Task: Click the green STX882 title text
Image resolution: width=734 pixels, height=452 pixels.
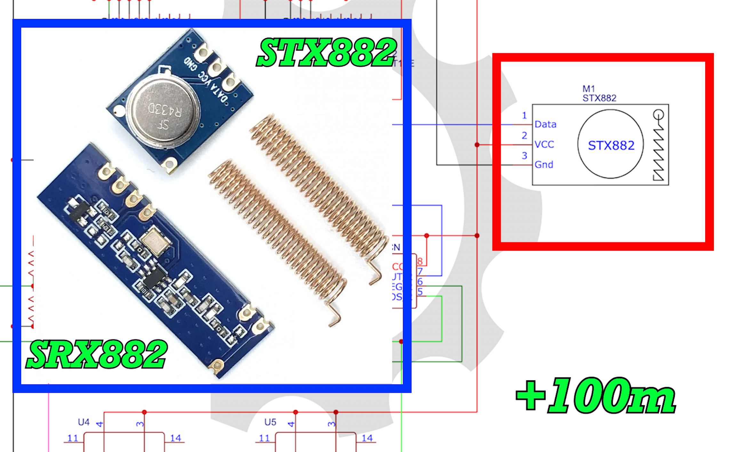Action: pos(326,52)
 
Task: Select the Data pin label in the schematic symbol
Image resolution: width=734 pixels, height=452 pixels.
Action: pos(545,124)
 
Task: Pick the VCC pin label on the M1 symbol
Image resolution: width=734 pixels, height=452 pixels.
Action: pos(544,144)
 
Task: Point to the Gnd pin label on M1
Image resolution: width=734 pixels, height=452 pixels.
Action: pos(544,165)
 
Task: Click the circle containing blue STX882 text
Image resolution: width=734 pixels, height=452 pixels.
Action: pos(610,144)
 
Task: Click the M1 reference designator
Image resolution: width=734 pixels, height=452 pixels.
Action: pos(588,89)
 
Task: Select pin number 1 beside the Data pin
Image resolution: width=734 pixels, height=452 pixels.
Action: pos(524,115)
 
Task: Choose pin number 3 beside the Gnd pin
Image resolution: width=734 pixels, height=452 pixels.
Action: pos(524,156)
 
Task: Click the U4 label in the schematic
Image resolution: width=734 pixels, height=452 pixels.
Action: pos(84,422)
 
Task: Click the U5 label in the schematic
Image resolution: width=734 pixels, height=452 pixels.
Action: pos(270,422)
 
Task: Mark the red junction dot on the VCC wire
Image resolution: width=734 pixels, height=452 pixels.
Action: pos(477,145)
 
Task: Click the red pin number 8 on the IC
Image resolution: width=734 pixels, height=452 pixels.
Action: pos(420,262)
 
